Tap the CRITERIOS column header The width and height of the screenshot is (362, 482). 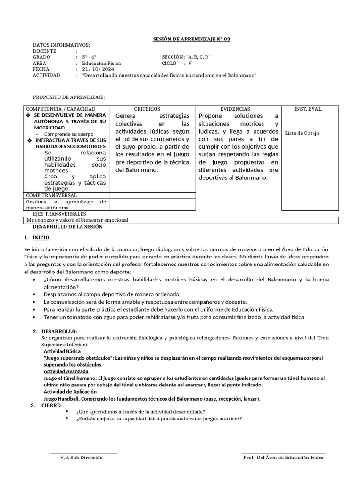click(147, 109)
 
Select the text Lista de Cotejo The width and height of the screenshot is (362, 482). click(302, 133)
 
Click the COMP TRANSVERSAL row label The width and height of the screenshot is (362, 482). click(51, 195)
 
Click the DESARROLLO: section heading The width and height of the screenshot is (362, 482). click(59, 332)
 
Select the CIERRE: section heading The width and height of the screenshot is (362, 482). click(51, 405)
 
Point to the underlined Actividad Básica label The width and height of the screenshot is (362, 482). click(62, 352)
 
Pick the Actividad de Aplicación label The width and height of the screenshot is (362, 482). click(70, 392)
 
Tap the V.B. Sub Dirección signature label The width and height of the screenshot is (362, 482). click(82, 458)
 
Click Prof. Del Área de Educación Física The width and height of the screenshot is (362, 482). click(283, 458)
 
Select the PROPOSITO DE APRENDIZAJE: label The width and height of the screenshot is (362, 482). click(69, 97)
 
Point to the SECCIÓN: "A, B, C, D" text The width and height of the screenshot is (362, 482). click(186, 57)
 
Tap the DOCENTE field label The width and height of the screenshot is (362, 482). click(45, 51)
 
